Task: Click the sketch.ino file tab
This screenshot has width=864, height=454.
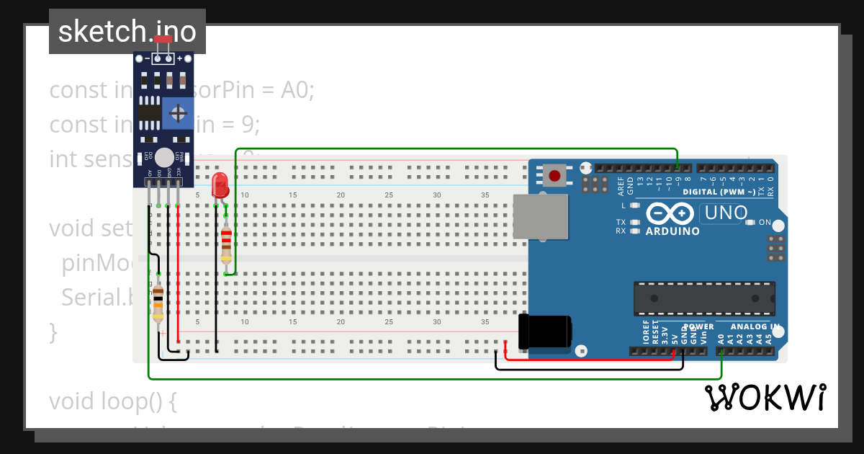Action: [x=127, y=32]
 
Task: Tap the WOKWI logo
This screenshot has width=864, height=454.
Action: [x=765, y=397]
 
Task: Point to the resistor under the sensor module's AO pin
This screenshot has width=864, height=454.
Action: [x=158, y=302]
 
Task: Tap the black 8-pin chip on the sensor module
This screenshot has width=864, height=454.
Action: [x=149, y=113]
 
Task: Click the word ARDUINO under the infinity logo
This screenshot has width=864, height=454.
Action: [x=672, y=232]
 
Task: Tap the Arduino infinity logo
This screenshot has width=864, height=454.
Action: [x=671, y=214]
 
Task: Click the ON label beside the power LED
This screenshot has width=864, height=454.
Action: [x=765, y=222]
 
